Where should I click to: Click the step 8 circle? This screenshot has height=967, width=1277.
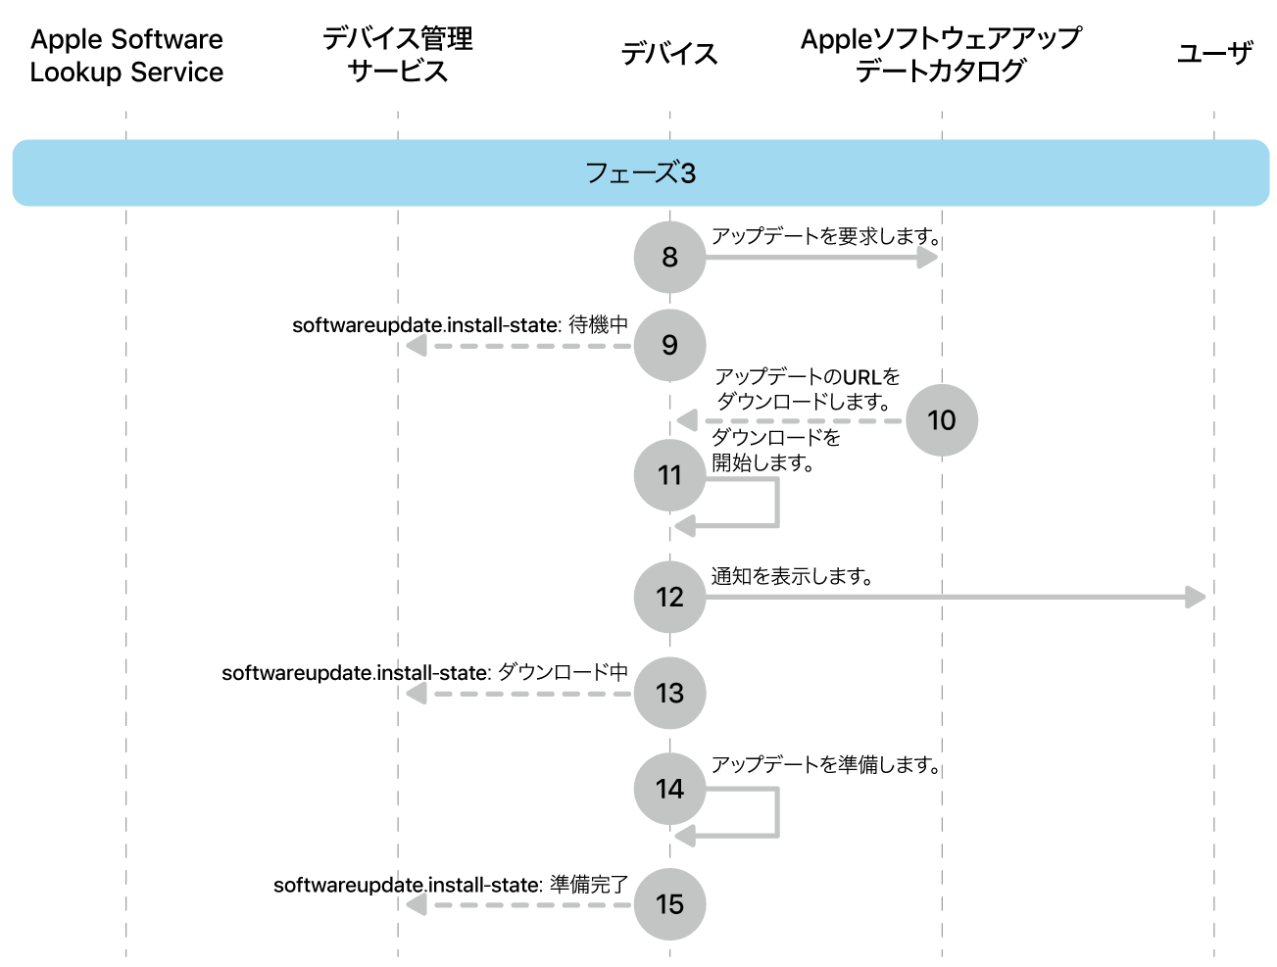coord(669,257)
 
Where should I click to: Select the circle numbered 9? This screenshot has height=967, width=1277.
coord(669,345)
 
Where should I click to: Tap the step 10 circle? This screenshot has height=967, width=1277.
coord(941,420)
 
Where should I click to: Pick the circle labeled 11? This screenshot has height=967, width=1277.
coord(669,475)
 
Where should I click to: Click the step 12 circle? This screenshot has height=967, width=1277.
coord(669,597)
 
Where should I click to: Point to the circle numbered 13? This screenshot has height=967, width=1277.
coord(669,693)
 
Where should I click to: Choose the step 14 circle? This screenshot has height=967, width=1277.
coord(669,789)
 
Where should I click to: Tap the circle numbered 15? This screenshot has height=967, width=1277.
coord(669,903)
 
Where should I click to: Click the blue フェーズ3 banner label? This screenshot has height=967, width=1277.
coord(640,173)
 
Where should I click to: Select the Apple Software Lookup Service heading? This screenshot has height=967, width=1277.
coord(126,56)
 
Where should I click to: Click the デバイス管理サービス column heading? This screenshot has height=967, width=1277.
coord(398,55)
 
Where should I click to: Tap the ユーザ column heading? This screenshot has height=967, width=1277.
coord(1214,54)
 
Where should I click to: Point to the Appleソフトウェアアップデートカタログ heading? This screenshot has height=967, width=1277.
coord(941,55)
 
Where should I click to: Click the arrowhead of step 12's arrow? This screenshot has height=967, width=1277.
coord(1196,597)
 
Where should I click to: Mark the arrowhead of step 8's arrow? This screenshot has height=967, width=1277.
coord(927,257)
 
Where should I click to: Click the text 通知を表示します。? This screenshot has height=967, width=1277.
coord(792,576)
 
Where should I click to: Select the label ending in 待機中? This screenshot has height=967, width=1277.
coord(460,325)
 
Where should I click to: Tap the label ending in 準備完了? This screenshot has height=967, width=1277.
coord(451,885)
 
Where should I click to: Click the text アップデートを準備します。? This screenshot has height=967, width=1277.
coord(825,764)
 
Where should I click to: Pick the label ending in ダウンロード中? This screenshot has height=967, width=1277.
coord(424,673)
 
